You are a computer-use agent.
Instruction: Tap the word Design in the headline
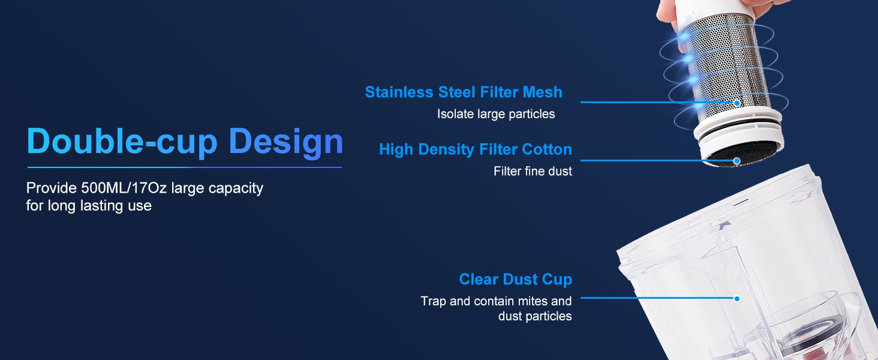[x=286, y=142]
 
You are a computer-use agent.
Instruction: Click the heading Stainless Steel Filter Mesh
[x=464, y=92]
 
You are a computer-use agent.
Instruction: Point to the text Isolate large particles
[x=496, y=114]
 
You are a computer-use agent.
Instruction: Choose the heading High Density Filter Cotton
[x=476, y=149]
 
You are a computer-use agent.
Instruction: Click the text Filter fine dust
[x=533, y=171]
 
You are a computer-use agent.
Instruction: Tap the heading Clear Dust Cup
[x=515, y=279]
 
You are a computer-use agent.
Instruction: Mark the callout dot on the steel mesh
[x=737, y=103]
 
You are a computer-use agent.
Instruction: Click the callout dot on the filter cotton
[x=737, y=161]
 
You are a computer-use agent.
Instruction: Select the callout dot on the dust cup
[x=737, y=299]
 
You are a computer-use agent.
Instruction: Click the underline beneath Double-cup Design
[x=184, y=167]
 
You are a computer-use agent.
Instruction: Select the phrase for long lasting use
[x=89, y=205]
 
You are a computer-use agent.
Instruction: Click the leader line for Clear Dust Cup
[x=657, y=298]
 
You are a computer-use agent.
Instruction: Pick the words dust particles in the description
[x=535, y=316]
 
